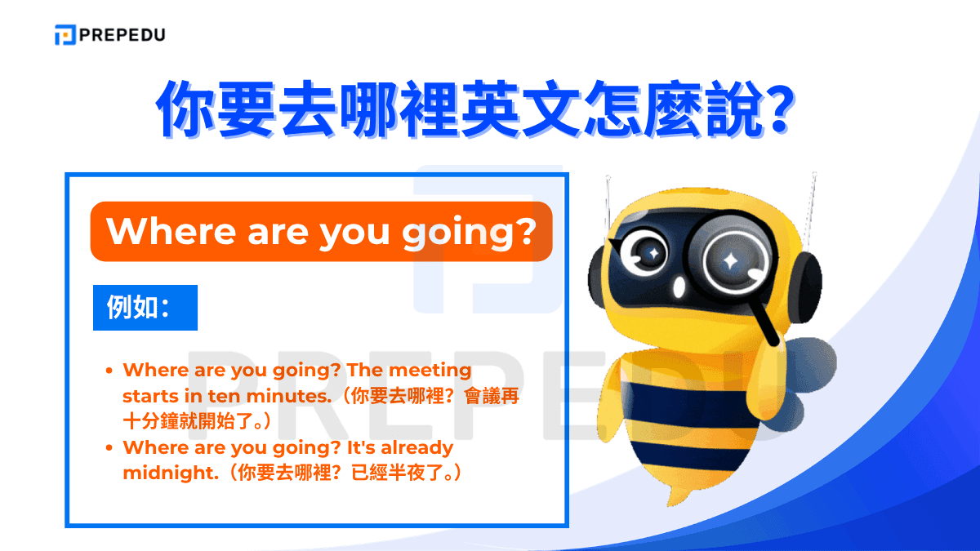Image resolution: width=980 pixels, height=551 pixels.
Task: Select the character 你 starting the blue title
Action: coord(190,108)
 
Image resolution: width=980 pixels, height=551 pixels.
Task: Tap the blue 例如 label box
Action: coord(145,308)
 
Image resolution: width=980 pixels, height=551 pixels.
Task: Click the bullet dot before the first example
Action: coord(109,371)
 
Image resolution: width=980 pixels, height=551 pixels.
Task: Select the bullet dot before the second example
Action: coord(109,448)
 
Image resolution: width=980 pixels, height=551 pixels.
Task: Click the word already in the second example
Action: coord(416,448)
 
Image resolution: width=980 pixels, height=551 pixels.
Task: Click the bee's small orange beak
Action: coord(680,288)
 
